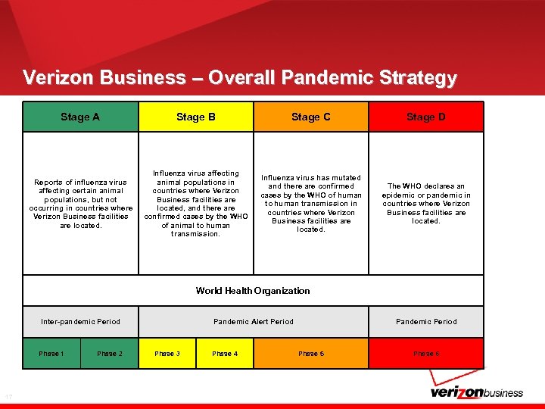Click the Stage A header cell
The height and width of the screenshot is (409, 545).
(80, 117)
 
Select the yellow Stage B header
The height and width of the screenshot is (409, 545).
(196, 117)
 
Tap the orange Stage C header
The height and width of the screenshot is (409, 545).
(311, 117)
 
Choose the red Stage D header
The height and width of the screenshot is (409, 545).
(426, 117)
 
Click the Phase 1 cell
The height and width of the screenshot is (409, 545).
(51, 354)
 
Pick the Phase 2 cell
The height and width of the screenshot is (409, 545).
(110, 354)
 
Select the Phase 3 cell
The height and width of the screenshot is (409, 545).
(167, 354)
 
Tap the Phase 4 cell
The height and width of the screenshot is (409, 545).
(225, 354)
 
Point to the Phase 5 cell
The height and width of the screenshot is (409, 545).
(311, 354)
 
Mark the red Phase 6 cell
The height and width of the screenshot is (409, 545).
(426, 354)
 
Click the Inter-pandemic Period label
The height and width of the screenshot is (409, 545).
(80, 321)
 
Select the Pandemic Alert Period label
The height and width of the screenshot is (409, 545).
(254, 321)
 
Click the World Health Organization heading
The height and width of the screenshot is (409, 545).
(253, 291)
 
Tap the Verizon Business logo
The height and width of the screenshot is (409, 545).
(476, 392)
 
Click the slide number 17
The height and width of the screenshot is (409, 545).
(8, 396)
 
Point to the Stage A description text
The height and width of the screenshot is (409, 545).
(80, 204)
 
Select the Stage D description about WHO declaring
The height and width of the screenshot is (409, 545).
(426, 204)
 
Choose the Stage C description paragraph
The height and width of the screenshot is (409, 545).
(311, 204)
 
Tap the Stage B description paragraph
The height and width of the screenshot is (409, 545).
(196, 204)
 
